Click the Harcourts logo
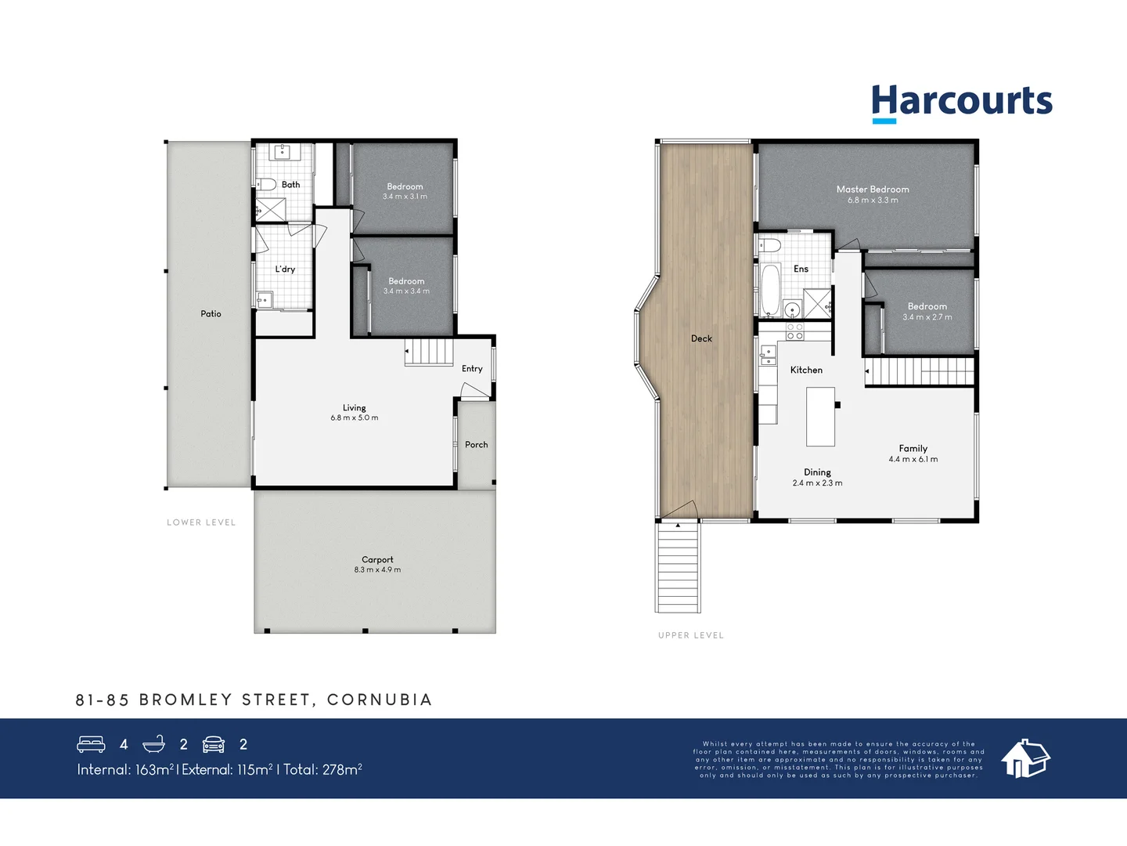[x=962, y=103]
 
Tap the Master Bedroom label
[x=873, y=190]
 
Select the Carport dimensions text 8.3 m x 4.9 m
[x=377, y=570]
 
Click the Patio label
[x=211, y=314]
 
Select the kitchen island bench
[x=821, y=416]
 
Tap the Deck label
[x=701, y=339]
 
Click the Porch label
[x=476, y=445]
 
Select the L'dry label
[x=285, y=269]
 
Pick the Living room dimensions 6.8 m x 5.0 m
[x=355, y=418]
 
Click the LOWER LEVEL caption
[x=201, y=522]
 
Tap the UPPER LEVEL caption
[x=691, y=635]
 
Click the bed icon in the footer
[x=91, y=744]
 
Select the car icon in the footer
[x=214, y=744]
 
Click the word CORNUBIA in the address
[x=380, y=700]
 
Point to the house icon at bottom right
[x=1025, y=758]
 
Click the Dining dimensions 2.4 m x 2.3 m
[x=817, y=483]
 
